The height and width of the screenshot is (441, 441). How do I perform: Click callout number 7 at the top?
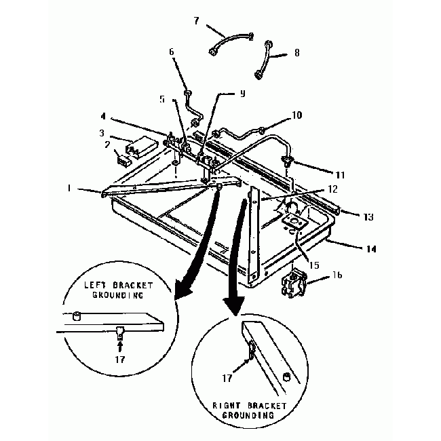tap(196, 21)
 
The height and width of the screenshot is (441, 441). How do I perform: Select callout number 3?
tap(102, 133)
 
